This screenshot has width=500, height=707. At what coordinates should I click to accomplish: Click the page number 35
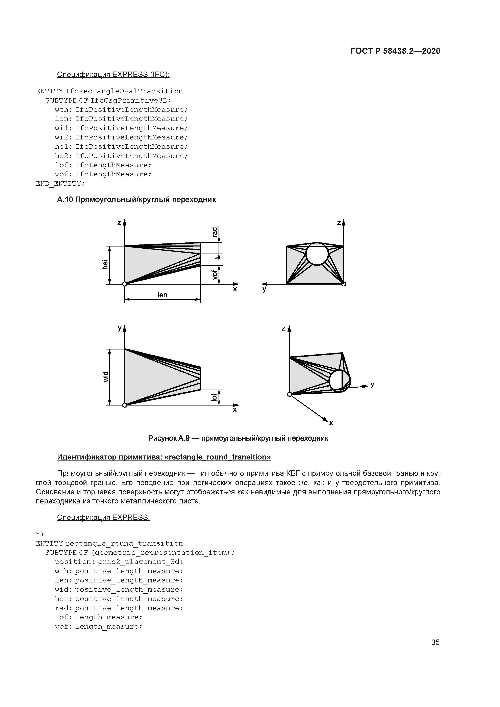[435, 642]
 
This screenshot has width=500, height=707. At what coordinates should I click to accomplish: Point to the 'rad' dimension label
[215, 232]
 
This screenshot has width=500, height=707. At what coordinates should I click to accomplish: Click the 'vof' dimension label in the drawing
[215, 274]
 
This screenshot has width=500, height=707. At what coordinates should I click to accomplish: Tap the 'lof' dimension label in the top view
[214, 397]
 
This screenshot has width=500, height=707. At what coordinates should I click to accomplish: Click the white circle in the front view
[317, 254]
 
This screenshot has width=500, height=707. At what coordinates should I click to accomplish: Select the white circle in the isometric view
[339, 381]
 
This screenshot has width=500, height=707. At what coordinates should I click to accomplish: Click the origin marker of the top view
[124, 405]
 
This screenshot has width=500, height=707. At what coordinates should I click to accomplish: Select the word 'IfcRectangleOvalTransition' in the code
[124, 91]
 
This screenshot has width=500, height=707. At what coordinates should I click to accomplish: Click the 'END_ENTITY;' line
[60, 184]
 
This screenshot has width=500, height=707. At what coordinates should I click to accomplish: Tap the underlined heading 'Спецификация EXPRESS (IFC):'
[113, 75]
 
